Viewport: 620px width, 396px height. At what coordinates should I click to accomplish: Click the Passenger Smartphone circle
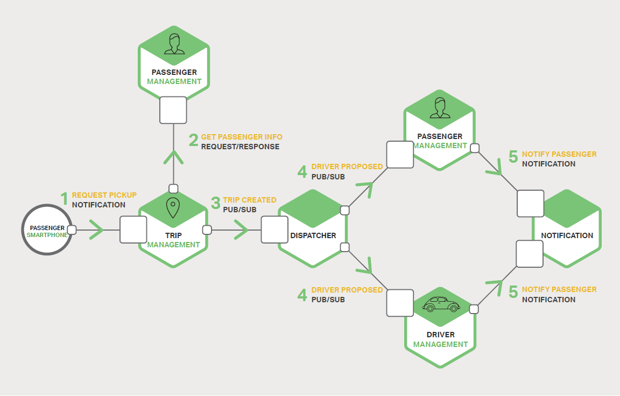tap(47, 231)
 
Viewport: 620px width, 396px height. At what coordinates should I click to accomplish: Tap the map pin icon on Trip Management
tap(173, 207)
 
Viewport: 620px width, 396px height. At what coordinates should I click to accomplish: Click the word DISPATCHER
tap(313, 235)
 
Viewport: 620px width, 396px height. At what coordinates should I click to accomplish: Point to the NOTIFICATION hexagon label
tap(567, 235)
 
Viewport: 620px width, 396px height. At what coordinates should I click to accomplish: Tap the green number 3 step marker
tap(215, 204)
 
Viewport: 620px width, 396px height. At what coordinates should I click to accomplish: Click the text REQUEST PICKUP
tap(104, 195)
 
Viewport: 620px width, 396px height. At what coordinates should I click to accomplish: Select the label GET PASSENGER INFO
tap(241, 137)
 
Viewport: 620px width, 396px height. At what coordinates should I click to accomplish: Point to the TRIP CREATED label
tap(249, 200)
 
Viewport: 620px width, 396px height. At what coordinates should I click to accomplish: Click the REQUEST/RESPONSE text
tap(240, 147)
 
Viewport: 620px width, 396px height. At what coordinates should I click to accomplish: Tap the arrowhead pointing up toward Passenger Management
tap(173, 157)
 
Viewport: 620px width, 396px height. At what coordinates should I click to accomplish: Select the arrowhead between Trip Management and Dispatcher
tap(241, 231)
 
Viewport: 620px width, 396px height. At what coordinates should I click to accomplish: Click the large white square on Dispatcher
tap(274, 230)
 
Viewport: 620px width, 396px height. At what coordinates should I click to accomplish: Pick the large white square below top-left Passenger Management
tap(173, 110)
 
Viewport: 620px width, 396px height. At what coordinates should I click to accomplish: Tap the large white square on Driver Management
tap(400, 303)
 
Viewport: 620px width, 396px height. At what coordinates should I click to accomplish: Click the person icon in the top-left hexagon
tap(173, 45)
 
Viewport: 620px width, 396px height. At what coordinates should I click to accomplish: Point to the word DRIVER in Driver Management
tap(441, 335)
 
